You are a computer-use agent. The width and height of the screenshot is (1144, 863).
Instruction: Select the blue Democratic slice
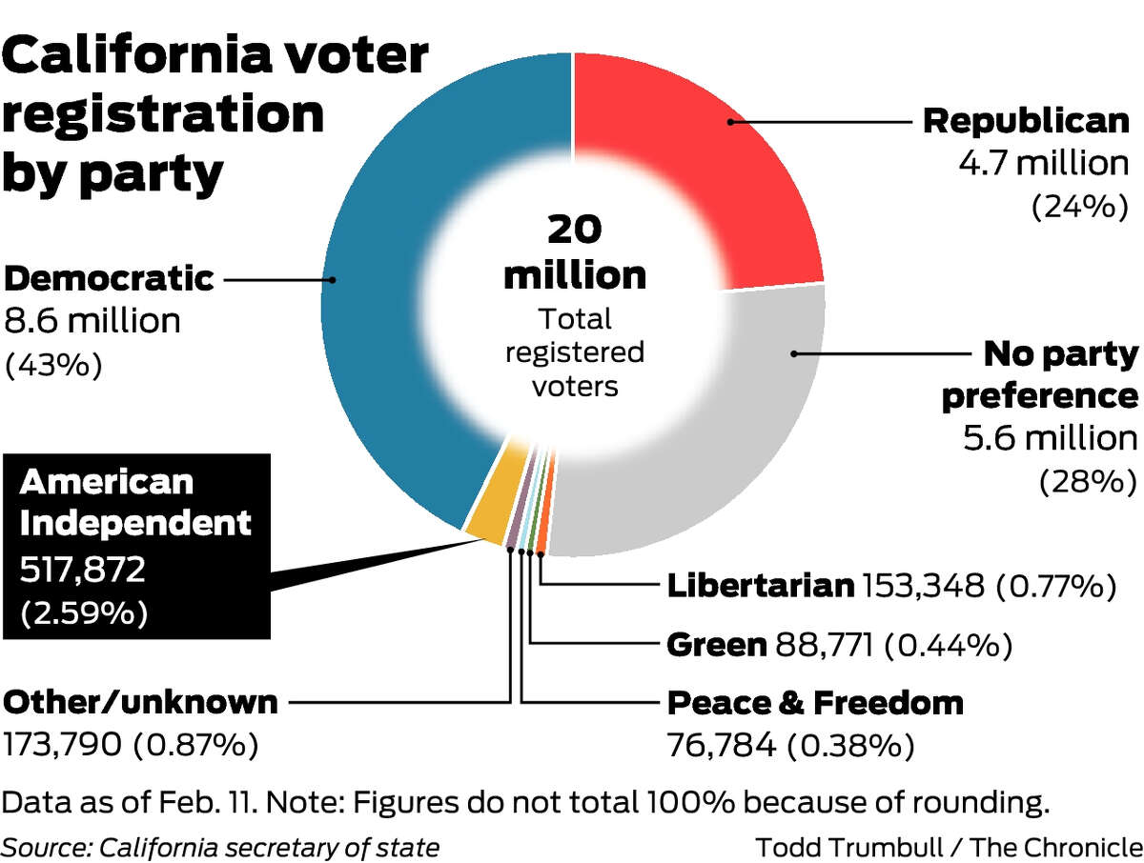coord(381,286)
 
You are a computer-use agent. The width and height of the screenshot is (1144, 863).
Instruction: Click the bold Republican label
coord(1026,121)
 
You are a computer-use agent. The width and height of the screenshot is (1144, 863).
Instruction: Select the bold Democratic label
coord(109,279)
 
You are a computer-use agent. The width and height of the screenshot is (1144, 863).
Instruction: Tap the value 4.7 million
coord(1043,163)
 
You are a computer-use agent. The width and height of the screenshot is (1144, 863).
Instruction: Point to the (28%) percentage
coord(1087,481)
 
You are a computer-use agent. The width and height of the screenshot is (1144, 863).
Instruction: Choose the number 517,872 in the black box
coord(83,571)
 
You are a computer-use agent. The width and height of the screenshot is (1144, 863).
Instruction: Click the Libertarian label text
coord(760,585)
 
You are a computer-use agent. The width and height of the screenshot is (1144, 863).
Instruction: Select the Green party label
coord(716,645)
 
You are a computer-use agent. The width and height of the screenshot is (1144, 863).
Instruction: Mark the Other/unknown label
coord(141,703)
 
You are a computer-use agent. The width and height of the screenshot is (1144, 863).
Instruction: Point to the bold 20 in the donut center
coord(574,231)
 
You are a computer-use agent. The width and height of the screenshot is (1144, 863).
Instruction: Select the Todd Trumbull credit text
coord(949,845)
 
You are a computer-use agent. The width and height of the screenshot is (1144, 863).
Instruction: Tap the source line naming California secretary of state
coord(220,845)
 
